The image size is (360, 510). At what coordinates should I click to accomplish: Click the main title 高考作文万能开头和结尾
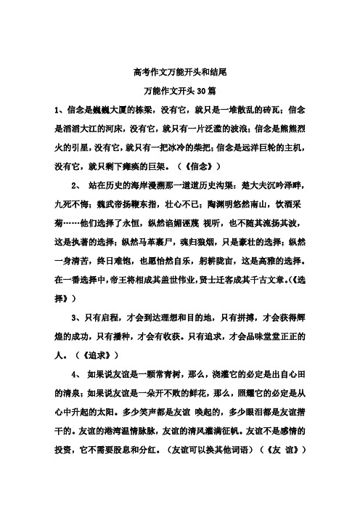point(180,73)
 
